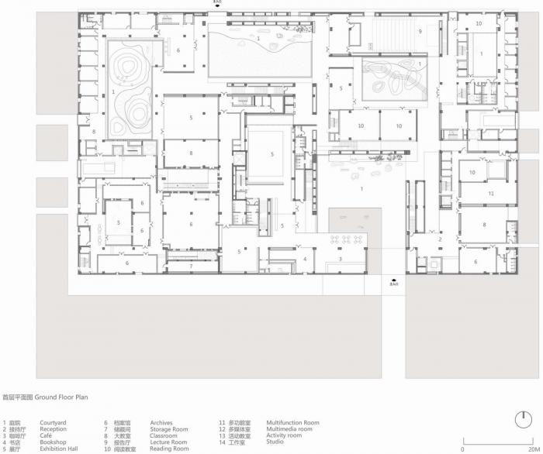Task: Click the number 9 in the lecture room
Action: pos(420,31)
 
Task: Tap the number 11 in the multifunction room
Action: pos(490,192)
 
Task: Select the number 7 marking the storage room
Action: pos(191,266)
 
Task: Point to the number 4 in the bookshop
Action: pos(305,259)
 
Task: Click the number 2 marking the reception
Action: pos(439,239)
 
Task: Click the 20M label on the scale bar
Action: pos(532,449)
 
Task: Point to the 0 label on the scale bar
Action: pos(463,449)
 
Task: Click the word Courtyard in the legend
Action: pos(54,423)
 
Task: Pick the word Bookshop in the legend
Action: pos(54,442)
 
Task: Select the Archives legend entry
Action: pos(161,423)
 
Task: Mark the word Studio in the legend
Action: pos(275,442)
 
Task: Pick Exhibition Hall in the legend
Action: pos(59,449)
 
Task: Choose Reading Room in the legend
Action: pos(169,449)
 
